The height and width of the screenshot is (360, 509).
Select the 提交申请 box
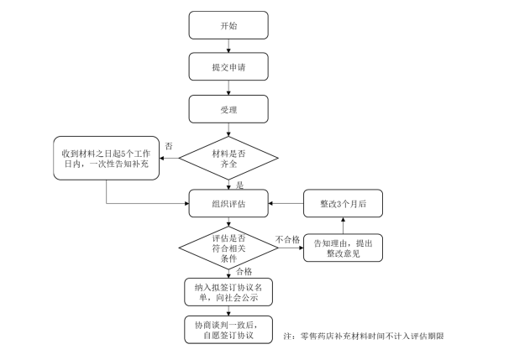coord(229,67)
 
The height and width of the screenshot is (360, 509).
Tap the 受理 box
coord(229,109)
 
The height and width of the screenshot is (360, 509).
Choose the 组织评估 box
coord(229,204)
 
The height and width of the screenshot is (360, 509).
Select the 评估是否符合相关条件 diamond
coord(229,248)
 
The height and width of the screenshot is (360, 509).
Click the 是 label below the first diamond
coord(239,185)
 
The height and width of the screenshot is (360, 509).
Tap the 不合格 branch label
coord(286,239)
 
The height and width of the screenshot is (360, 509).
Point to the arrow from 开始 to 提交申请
coord(229,46)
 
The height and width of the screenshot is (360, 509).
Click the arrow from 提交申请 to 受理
coord(229,88)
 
